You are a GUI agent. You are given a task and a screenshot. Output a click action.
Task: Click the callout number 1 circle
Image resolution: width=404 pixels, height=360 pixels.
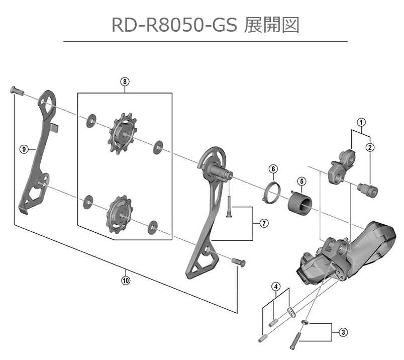(361, 121)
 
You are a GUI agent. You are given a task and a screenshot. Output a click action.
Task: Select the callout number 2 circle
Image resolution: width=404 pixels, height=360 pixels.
(370, 147)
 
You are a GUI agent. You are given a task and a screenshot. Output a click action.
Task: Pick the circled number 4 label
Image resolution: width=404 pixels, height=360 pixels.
(276, 287)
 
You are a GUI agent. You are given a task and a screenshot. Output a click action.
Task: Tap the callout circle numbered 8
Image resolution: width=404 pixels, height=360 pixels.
(125, 80)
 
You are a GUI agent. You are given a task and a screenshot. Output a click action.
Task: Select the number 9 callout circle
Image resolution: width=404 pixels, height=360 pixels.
(23, 148)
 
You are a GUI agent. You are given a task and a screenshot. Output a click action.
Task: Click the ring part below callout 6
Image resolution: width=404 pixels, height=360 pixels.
(273, 192)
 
